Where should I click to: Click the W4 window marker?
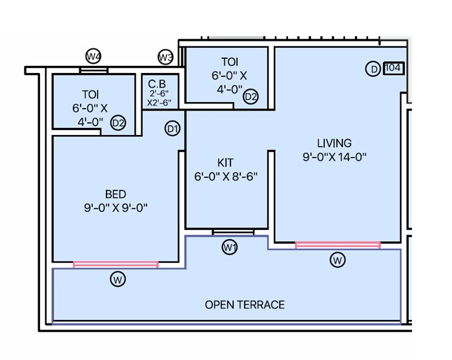94,57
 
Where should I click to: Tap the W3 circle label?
166,58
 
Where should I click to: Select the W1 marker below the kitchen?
230,247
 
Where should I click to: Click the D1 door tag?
172,129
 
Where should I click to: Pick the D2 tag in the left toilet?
118,123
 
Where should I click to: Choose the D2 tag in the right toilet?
251,97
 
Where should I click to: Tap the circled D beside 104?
373,69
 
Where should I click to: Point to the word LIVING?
334,143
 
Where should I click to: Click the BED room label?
116,194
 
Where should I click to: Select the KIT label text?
225,162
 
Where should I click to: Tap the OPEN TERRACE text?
245,304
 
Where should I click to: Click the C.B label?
158,83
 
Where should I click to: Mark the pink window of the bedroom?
116,264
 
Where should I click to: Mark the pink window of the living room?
338,245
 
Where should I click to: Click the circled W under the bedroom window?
118,279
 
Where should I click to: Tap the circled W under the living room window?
337,260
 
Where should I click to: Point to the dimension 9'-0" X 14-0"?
334,157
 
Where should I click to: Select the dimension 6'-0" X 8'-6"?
225,176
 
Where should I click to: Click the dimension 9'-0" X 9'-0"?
116,207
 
